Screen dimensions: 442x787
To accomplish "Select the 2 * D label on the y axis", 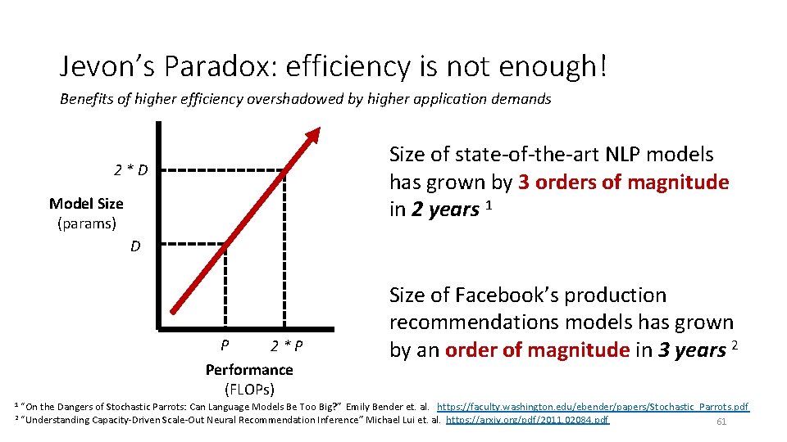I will point(131,170).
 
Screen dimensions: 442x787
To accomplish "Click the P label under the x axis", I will point(225,345).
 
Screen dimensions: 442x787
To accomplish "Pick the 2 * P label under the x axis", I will point(287,345).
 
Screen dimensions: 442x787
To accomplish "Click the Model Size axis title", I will point(86,204).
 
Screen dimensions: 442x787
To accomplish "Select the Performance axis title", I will point(248,370).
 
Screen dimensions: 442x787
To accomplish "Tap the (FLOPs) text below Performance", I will point(249,389).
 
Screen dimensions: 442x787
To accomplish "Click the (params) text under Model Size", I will point(86,223).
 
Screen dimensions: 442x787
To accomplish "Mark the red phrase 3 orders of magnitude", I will point(623,182).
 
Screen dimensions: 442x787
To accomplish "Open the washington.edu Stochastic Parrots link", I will point(593,407).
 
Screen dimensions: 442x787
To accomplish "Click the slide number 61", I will point(721,422).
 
